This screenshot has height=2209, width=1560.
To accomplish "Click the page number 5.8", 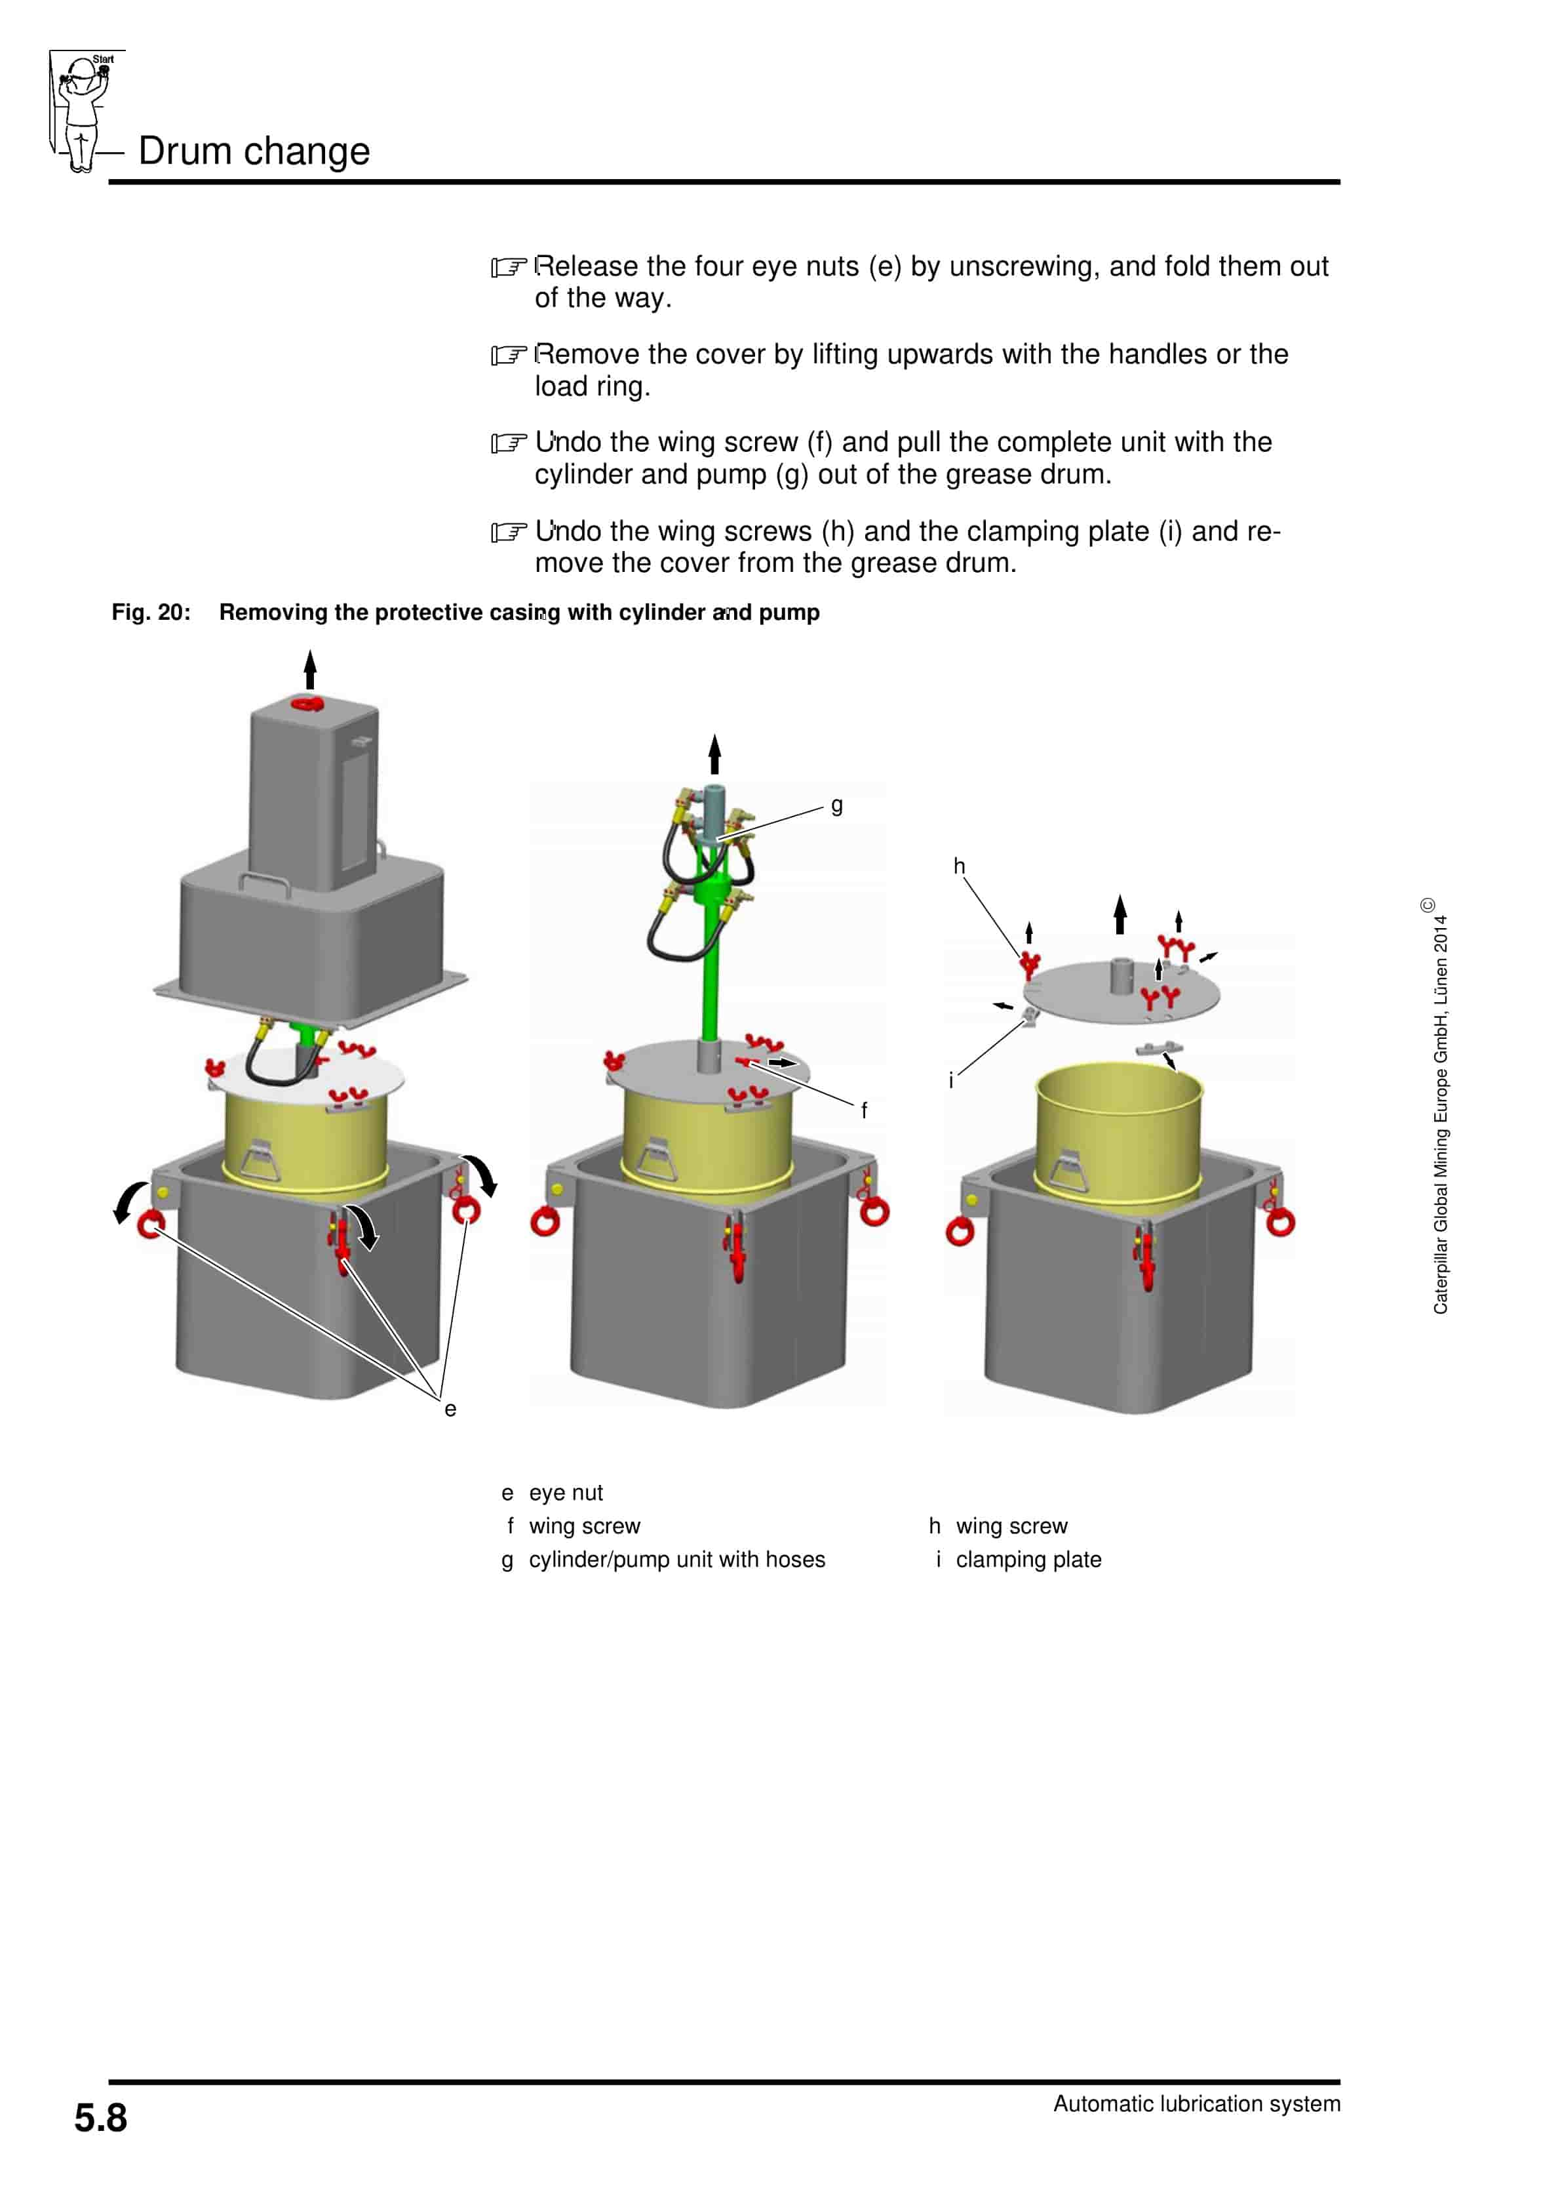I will [100, 2118].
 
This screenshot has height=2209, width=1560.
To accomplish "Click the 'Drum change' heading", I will [254, 151].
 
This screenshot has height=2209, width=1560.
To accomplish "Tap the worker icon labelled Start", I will [83, 111].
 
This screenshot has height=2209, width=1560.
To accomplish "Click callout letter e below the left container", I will [450, 1409].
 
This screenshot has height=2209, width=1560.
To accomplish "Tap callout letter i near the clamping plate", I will [951, 1080].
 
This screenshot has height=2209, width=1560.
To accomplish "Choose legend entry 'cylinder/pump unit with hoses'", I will [676, 1560].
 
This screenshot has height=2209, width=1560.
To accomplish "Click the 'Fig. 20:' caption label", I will [151, 613].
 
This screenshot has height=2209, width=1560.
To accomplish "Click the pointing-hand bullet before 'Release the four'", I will [509, 268].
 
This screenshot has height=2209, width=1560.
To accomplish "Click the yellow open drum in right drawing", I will [1118, 1131].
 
